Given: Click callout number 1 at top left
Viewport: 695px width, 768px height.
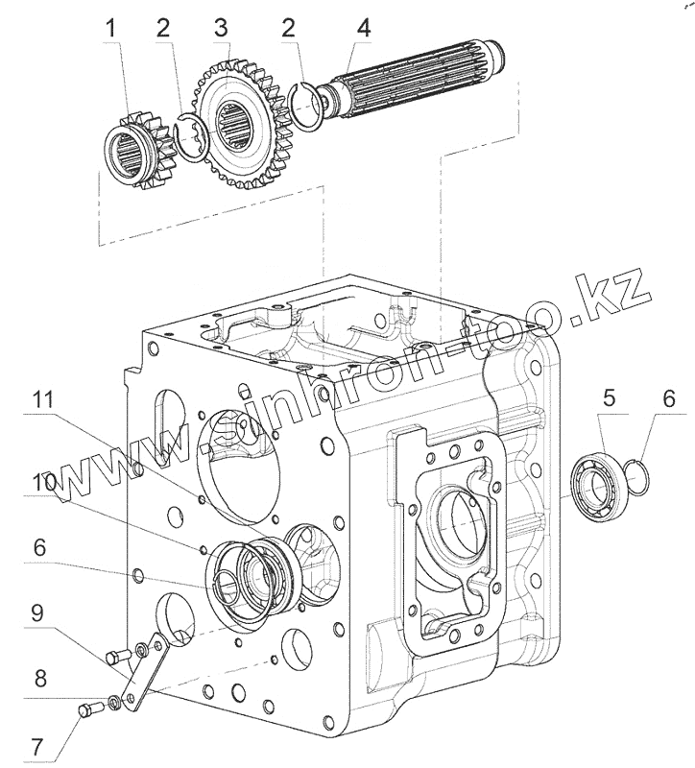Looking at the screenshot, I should point(112,29).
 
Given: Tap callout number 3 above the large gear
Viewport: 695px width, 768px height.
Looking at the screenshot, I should point(222,29).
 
